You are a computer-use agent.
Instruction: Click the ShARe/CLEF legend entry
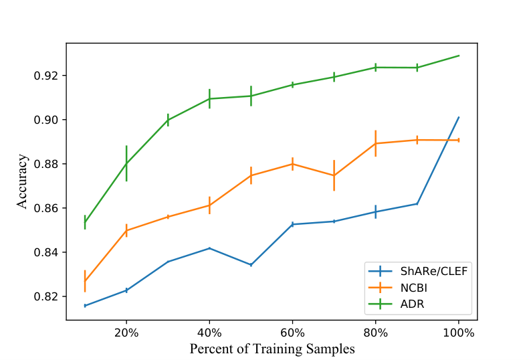pyautogui.click(x=434, y=271)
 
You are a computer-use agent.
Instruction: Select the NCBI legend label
pyautogui.click(x=413, y=288)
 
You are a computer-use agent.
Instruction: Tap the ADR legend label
pyautogui.click(x=412, y=304)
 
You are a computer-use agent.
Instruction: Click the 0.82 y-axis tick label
pyautogui.click(x=47, y=296)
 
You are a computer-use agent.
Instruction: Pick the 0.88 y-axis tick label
pyautogui.click(x=47, y=164)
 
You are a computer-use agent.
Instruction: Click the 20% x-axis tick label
pyautogui.click(x=126, y=333)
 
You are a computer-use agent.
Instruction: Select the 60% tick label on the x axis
pyautogui.click(x=293, y=333)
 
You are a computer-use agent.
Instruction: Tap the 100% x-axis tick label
pyautogui.click(x=459, y=333)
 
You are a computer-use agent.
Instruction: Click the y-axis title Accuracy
pyautogui.click(x=22, y=181)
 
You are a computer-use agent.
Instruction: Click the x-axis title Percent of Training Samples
pyautogui.click(x=272, y=349)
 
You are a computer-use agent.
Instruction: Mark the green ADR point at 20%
pyautogui.click(x=126, y=163)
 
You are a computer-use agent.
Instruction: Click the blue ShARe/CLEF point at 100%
pyautogui.click(x=459, y=117)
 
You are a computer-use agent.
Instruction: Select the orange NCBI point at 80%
pyautogui.click(x=376, y=143)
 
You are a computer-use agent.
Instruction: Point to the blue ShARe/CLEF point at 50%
pyautogui.click(x=251, y=265)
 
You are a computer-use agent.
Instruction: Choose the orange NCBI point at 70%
pyautogui.click(x=334, y=175)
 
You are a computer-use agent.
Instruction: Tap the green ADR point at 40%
pyautogui.click(x=209, y=98)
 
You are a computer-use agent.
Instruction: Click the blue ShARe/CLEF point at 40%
pyautogui.click(x=209, y=248)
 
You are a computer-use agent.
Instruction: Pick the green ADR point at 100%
pyautogui.click(x=459, y=56)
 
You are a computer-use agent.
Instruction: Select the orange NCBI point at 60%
pyautogui.click(x=293, y=164)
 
